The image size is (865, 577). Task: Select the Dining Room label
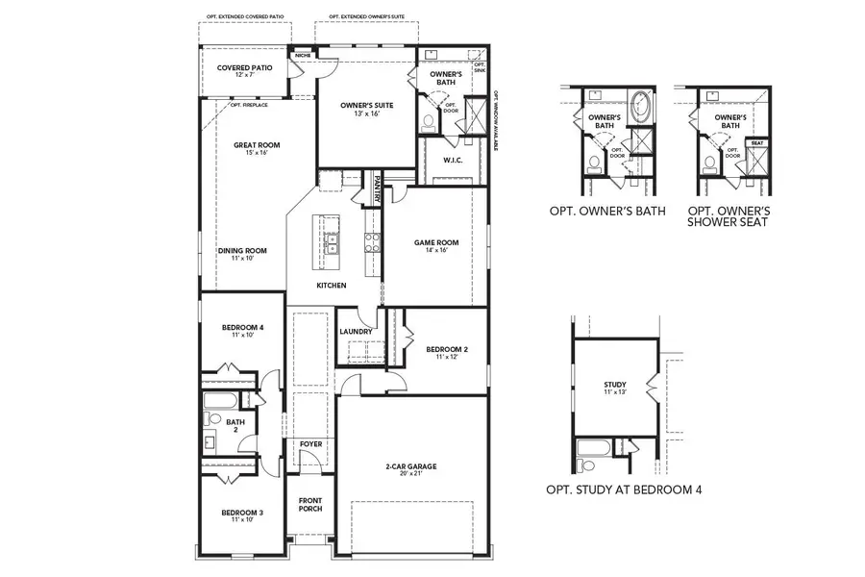coord(241,253)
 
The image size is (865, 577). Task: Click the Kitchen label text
coord(331,286)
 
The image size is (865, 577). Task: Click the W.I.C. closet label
coord(453,160)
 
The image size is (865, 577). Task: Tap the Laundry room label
coord(356,332)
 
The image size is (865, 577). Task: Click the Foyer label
coord(310,444)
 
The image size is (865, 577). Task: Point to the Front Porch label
coord(310,505)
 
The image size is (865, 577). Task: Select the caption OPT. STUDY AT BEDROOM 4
coord(624,489)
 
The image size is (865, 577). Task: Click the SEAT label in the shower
coord(757,142)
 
